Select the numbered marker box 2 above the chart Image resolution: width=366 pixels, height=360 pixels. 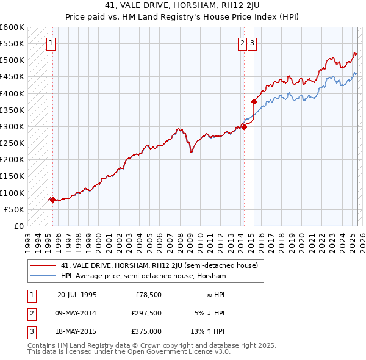(242, 43)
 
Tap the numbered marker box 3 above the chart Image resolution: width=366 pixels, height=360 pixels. (252, 43)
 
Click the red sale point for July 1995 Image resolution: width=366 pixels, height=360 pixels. (52, 200)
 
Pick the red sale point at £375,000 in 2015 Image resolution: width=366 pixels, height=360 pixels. (254, 101)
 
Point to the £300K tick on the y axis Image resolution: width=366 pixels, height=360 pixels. (12, 126)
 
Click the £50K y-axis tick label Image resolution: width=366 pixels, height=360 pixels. (14, 209)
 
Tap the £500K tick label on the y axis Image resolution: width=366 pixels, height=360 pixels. (12, 60)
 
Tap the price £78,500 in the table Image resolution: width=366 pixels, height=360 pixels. (148, 294)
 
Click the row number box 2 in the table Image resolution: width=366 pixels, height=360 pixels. (31, 313)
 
